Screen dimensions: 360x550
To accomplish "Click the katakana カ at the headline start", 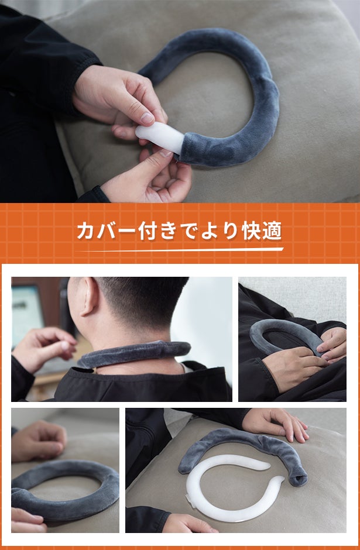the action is click(86, 231).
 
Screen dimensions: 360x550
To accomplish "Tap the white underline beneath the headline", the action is click(180, 250).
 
